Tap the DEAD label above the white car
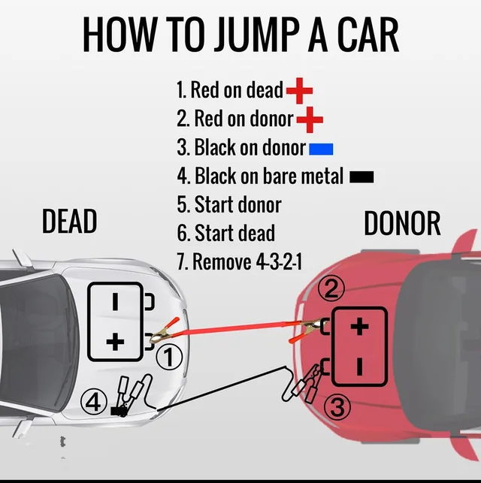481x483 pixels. point(69,222)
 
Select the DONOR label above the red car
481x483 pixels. point(402,224)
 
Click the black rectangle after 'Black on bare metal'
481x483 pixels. point(362,177)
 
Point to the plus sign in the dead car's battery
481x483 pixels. point(115,343)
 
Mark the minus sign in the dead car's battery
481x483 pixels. point(115,302)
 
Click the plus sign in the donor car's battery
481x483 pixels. point(361,326)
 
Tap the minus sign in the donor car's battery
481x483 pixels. point(360,367)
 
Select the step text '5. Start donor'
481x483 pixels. point(229,204)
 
